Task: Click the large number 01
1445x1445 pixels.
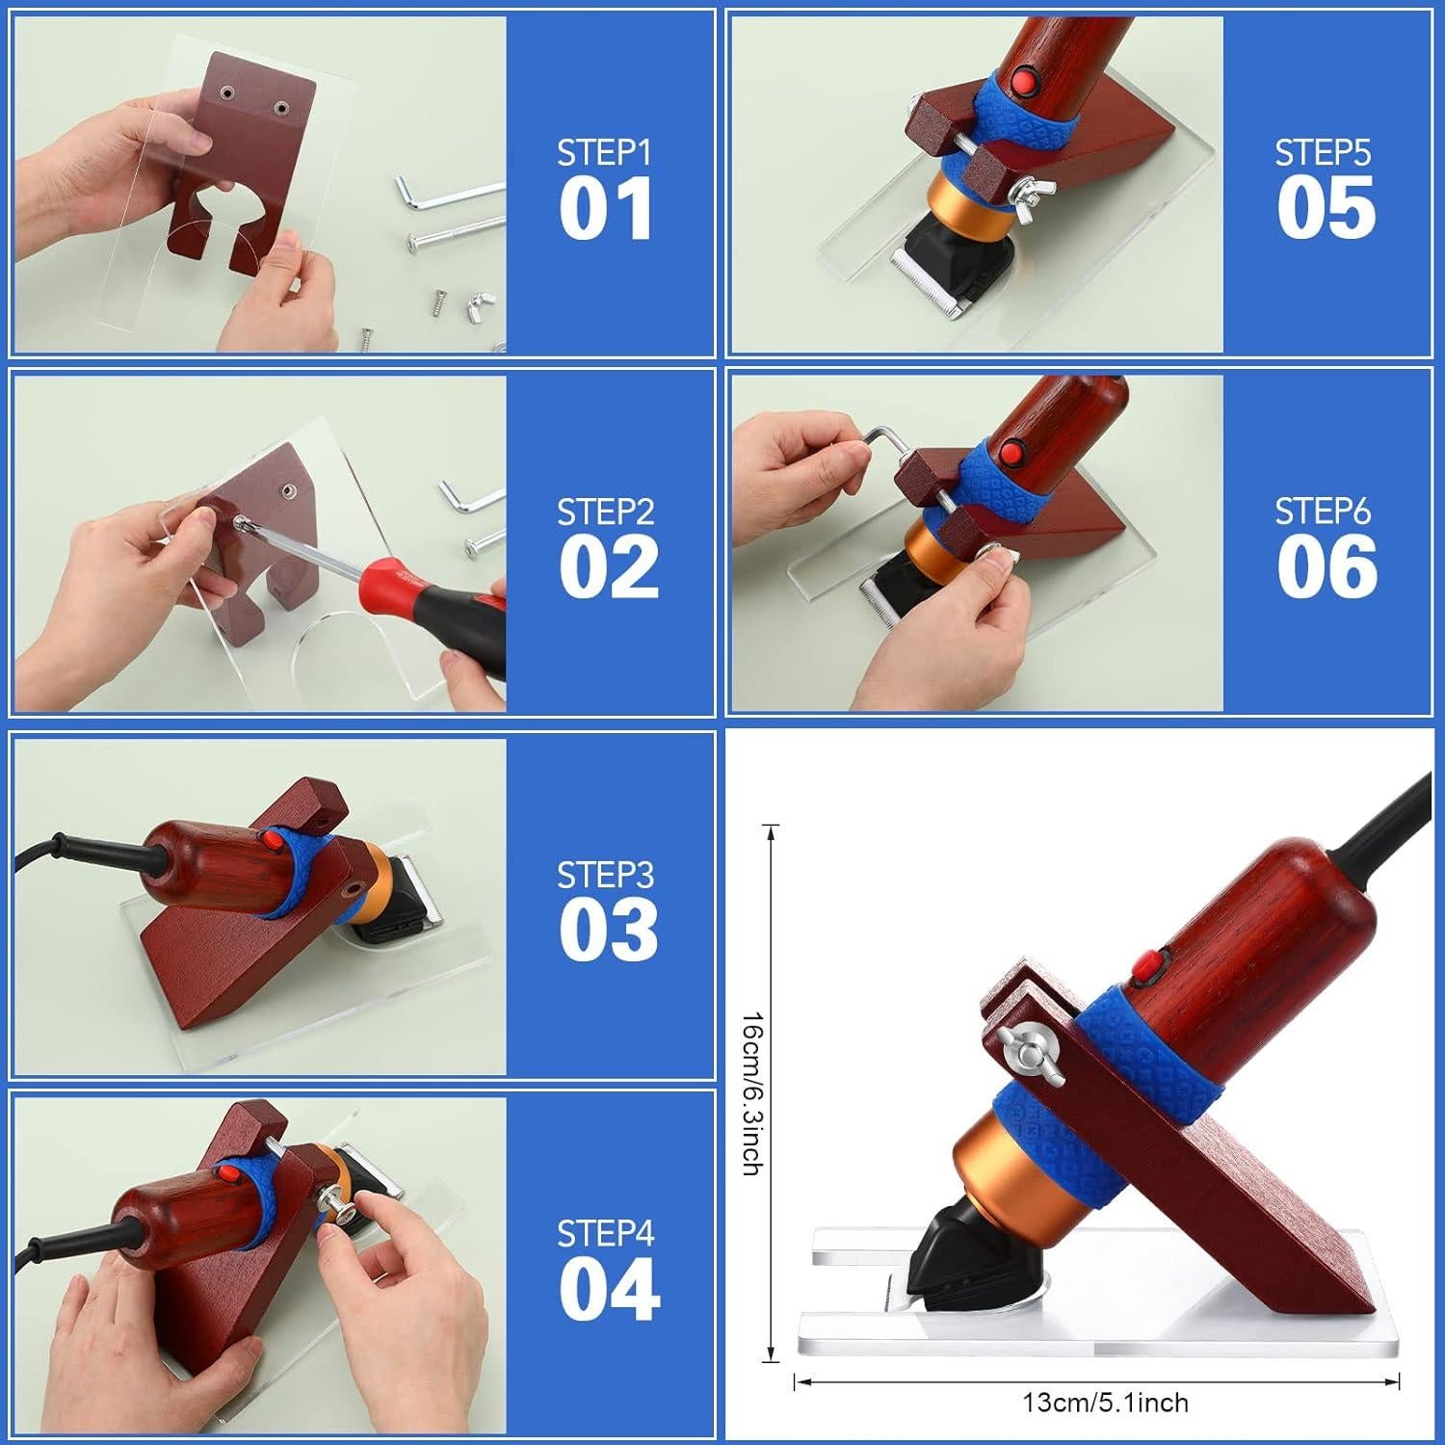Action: point(606,209)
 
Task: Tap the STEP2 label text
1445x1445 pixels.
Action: point(605,512)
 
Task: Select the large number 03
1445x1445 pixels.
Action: point(608,930)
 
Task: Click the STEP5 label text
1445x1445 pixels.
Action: point(1323,152)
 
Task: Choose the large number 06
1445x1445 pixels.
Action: point(1327,567)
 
